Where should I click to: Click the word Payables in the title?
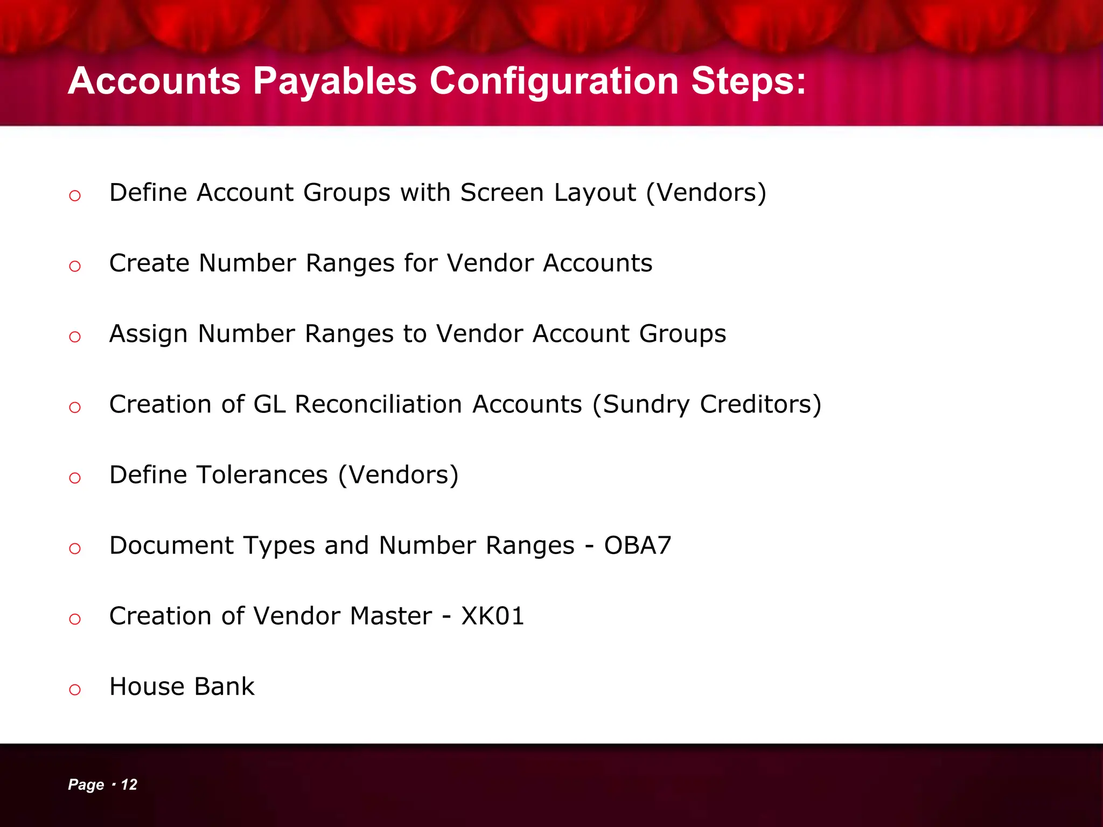[x=334, y=82]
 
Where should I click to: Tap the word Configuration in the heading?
[x=554, y=82]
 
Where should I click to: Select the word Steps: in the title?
[x=749, y=81]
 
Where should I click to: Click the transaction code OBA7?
[x=638, y=545]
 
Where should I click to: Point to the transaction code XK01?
[x=493, y=616]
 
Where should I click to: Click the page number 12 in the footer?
[x=129, y=784]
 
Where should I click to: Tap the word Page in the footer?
[x=86, y=785]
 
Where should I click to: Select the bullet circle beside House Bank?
[x=75, y=690]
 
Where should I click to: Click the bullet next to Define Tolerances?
[x=75, y=478]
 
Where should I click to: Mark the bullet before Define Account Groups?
[x=75, y=196]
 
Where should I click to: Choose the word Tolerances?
[x=262, y=475]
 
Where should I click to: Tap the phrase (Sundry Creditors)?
[x=707, y=405]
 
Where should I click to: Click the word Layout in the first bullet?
[x=595, y=193]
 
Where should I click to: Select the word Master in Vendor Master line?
[x=390, y=616]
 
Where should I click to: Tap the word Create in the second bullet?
[x=149, y=263]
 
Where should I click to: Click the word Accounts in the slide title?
[x=154, y=82]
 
